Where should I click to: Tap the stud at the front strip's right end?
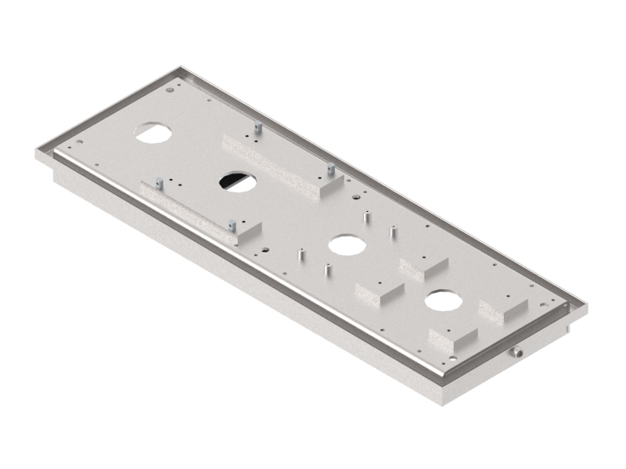[232, 225]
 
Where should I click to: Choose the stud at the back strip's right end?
[331, 168]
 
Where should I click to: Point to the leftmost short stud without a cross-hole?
[300, 255]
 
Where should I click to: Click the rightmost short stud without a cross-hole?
[392, 233]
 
